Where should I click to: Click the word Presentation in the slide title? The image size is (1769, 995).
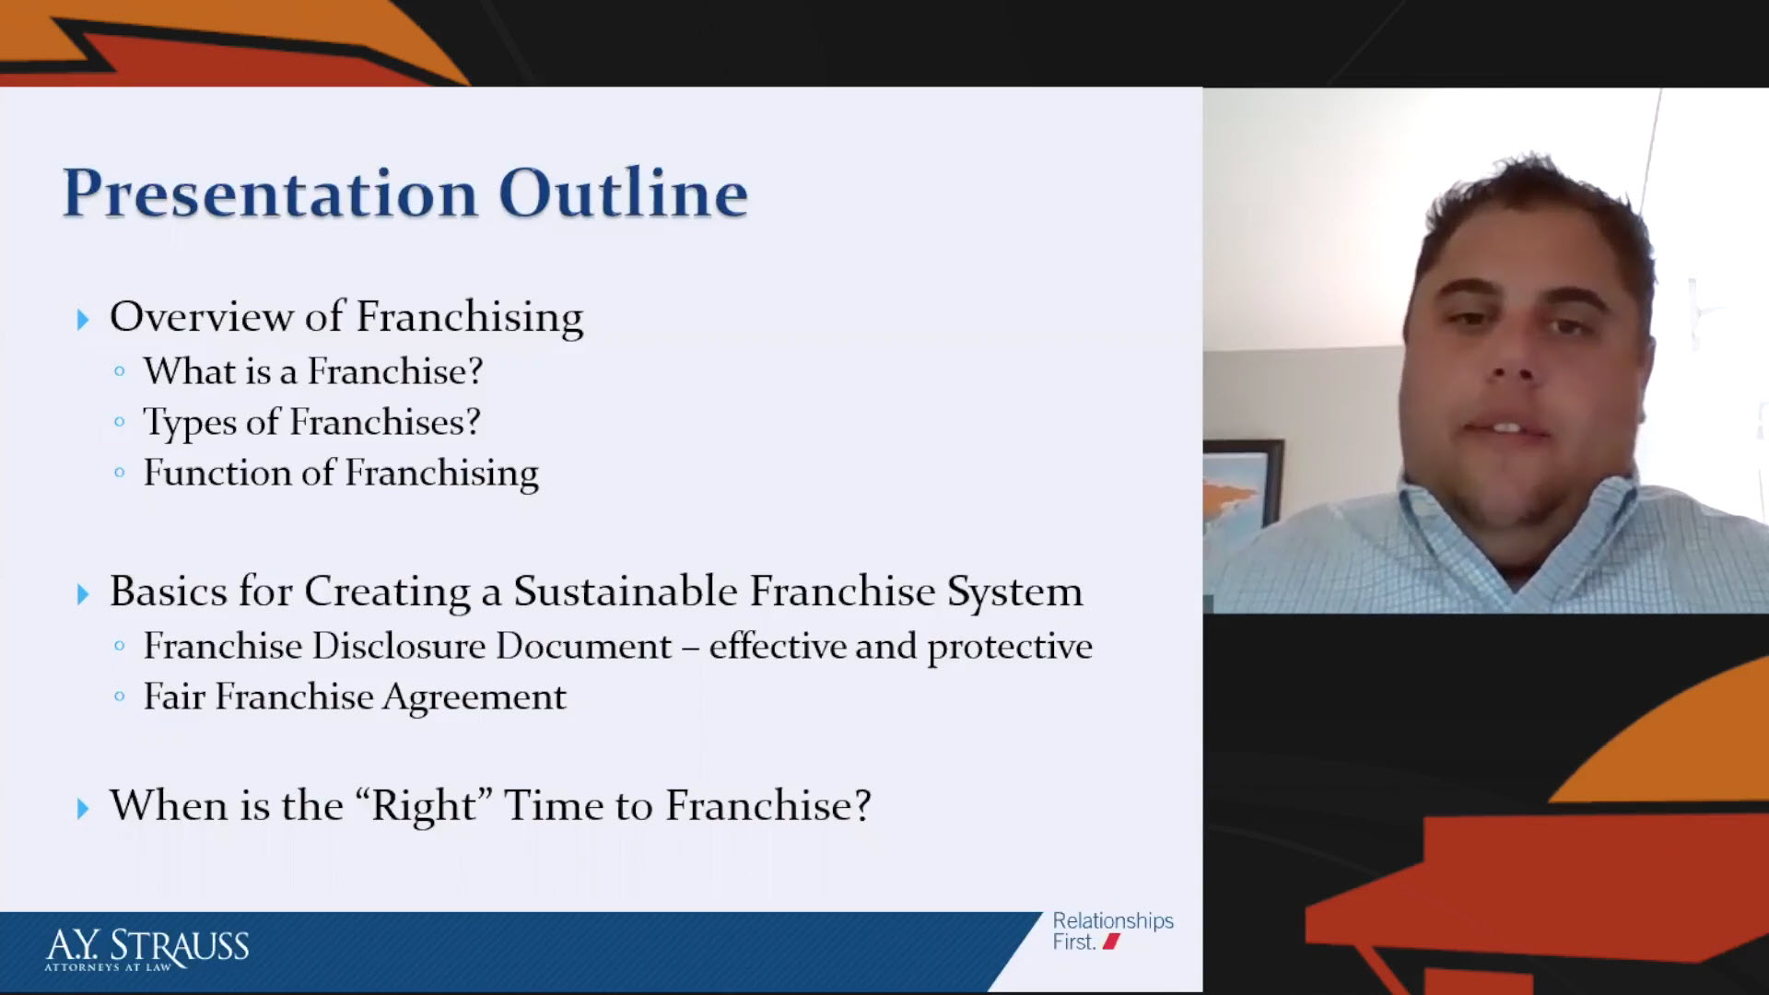[x=271, y=194]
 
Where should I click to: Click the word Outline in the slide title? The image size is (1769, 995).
[x=624, y=193]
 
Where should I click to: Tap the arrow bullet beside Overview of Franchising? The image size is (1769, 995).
[x=83, y=320]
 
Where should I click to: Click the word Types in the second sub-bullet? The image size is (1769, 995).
[x=189, y=424]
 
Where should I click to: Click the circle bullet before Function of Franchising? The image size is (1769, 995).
[x=119, y=474]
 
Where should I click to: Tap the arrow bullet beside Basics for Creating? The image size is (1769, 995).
[x=83, y=594]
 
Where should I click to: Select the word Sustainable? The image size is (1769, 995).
[x=626, y=591]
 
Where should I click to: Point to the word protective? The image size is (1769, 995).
[x=1010, y=648]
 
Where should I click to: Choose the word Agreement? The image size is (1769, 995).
[x=474, y=698]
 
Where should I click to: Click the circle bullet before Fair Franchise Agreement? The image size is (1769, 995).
[x=119, y=697]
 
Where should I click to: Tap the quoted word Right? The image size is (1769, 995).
[x=425, y=806]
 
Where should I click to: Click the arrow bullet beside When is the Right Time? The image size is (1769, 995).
[x=83, y=809]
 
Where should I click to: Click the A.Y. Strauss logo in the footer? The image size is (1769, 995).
[x=147, y=949]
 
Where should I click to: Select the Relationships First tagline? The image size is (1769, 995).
[x=1113, y=931]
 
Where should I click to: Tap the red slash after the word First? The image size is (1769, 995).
[x=1111, y=942]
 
